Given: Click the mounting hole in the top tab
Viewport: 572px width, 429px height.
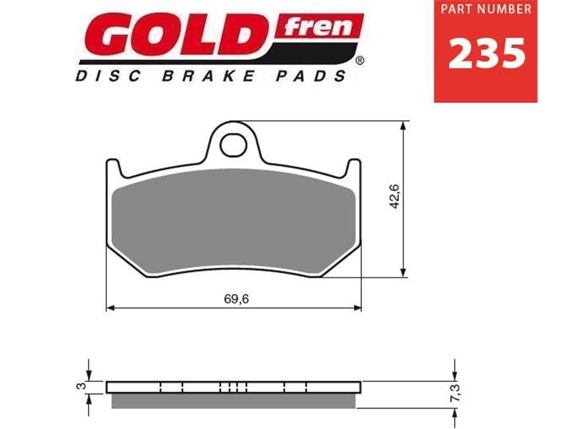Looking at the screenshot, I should click(232, 146).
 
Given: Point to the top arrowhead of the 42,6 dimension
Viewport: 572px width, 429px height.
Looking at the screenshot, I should click(404, 126).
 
